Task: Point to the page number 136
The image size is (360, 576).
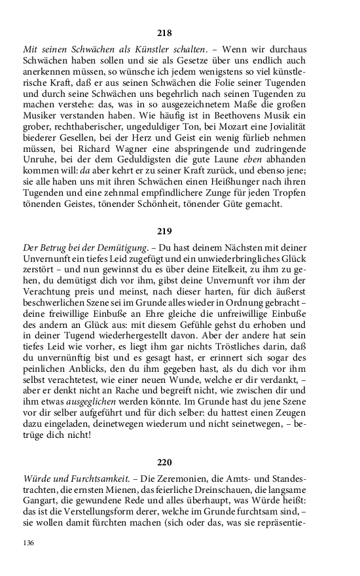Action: click(x=28, y=543)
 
